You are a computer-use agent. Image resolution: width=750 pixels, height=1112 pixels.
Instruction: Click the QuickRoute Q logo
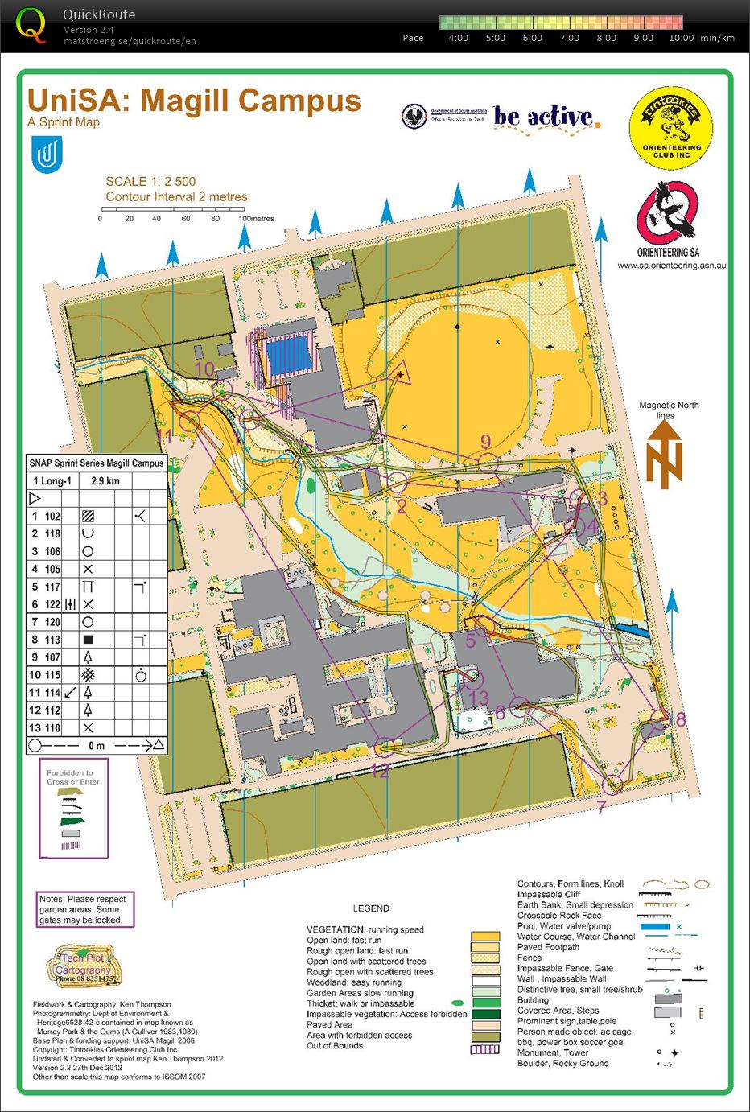coord(31,24)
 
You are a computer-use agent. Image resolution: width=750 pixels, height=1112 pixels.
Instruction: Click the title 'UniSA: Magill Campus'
coord(194,101)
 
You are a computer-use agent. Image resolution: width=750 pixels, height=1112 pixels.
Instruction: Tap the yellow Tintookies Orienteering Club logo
coord(671,129)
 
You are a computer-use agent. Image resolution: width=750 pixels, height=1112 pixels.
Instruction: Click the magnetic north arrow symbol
coord(665,454)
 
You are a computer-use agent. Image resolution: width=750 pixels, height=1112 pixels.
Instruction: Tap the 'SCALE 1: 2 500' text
coord(150,182)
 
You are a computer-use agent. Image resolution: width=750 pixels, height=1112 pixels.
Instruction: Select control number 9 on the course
coord(485,441)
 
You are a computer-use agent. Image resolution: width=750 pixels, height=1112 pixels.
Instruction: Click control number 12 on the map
coord(380,771)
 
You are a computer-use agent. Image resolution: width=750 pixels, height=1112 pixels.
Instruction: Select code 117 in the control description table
coord(52,587)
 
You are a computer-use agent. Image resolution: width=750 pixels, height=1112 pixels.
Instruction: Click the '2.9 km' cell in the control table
coord(105,481)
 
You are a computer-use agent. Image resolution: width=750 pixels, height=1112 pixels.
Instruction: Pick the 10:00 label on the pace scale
coord(681,38)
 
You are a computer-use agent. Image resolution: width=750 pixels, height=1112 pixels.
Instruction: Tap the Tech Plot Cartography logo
coord(85,964)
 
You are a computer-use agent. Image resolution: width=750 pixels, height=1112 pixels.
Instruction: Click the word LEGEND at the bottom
coord(371,908)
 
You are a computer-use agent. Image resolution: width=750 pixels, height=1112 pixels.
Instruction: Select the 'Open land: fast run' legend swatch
coord(485,937)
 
